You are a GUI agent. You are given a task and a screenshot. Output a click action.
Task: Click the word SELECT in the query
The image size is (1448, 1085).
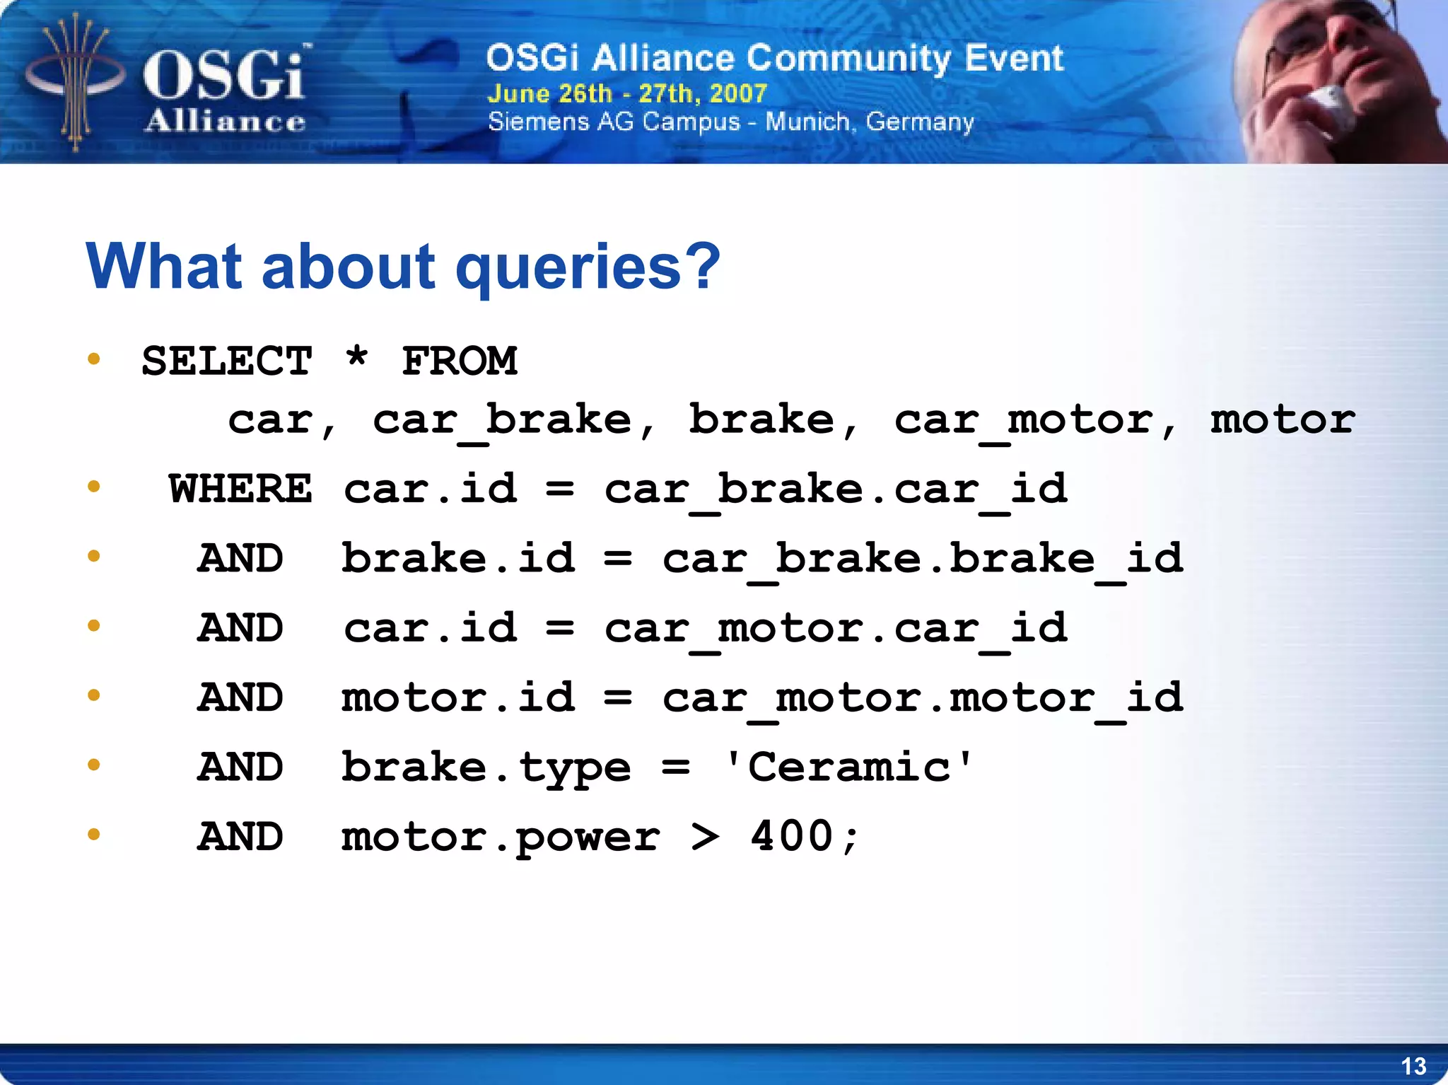pos(226,361)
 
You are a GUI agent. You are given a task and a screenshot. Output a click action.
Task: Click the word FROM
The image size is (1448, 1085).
pos(460,361)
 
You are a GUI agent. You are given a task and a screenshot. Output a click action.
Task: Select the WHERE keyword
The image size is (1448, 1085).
pos(240,489)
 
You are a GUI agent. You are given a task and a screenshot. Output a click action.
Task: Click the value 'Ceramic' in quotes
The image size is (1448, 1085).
pos(848,767)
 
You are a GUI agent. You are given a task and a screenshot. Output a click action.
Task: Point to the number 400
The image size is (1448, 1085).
pos(792,837)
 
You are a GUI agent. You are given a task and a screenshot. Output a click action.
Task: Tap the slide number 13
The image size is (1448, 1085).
pos(1413,1066)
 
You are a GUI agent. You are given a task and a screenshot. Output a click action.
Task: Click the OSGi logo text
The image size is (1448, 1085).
pos(225,75)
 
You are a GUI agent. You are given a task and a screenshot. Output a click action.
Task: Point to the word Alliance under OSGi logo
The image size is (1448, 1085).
pos(225,122)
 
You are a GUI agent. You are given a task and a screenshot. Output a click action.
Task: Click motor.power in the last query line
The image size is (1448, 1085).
pos(501,838)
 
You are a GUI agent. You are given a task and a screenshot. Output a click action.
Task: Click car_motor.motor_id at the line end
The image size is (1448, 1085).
pos(923,699)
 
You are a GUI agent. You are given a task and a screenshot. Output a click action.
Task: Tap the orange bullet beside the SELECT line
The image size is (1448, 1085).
pos(94,359)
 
